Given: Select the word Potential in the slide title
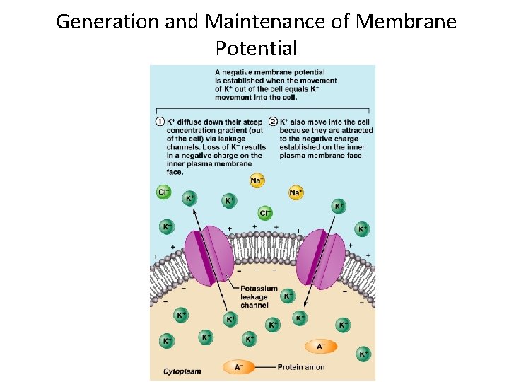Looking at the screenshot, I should [256, 48].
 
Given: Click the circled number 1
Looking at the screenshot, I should [160, 122].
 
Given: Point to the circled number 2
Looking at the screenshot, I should [272, 122].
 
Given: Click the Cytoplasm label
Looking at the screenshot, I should [182, 371].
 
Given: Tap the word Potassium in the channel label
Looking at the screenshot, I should [259, 289].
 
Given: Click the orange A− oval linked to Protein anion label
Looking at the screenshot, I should [238, 367].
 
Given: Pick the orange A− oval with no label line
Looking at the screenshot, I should [321, 346].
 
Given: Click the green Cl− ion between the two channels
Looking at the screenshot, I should [265, 213].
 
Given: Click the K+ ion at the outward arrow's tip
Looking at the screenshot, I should [189, 199].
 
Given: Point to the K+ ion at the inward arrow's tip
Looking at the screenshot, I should [300, 318].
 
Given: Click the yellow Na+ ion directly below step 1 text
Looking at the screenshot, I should [257, 180].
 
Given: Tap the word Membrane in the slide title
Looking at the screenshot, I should [406, 21].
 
